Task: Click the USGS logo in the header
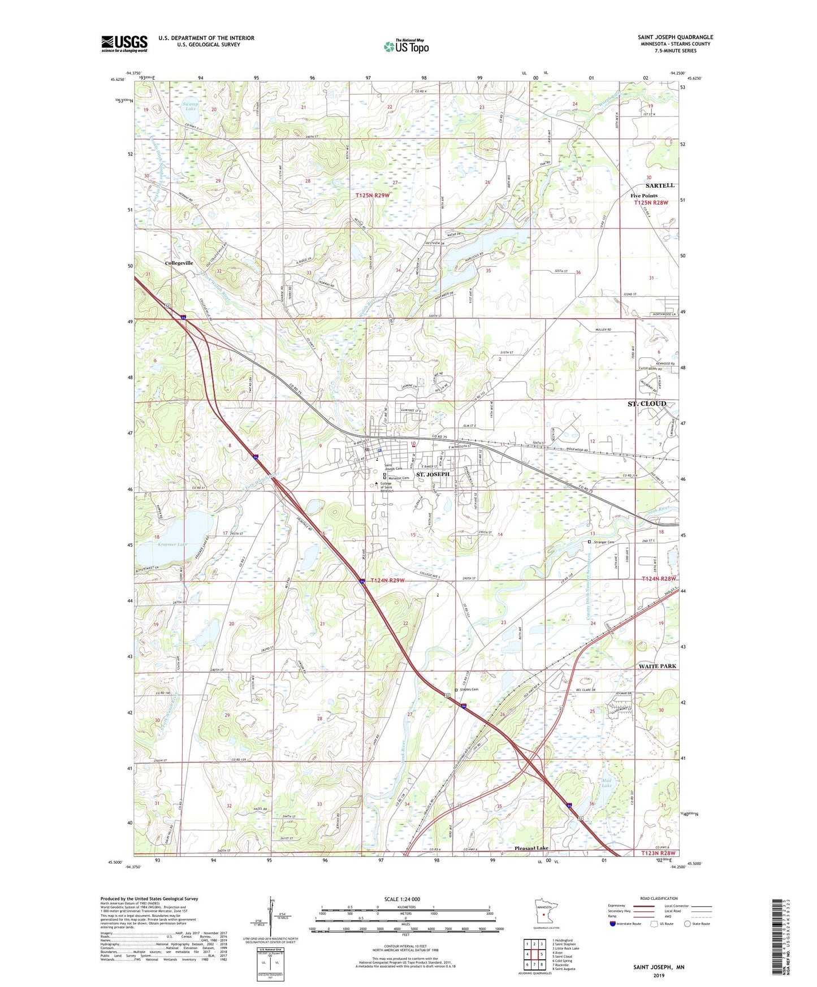tap(124, 43)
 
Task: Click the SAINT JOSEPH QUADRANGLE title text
tap(675, 37)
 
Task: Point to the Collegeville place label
tap(179, 263)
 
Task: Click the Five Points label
tap(644, 196)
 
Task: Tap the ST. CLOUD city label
tap(647, 404)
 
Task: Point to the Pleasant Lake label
tap(531, 848)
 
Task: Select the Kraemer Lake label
tap(173, 544)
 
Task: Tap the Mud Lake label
tap(606, 783)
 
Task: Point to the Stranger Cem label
tap(603, 542)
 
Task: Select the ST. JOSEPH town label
tap(433, 474)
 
